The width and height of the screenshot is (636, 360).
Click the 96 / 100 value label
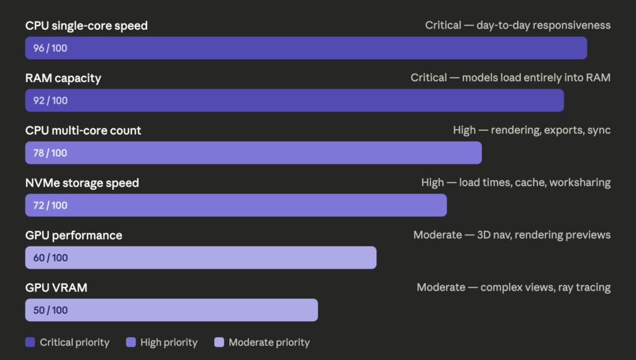click(50, 48)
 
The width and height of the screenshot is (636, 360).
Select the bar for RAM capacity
click(294, 101)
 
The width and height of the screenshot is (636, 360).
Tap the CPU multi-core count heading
click(83, 130)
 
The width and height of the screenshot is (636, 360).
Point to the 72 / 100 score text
click(50, 205)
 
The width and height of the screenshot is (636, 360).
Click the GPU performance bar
click(201, 258)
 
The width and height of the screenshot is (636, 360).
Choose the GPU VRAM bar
click(171, 310)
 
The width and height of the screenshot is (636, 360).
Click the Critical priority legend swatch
click(30, 343)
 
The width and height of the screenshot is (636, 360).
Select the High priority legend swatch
click(130, 343)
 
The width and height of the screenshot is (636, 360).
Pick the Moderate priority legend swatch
click(219, 343)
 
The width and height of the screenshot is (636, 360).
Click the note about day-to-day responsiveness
click(517, 25)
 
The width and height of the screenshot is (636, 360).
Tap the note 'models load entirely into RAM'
click(511, 78)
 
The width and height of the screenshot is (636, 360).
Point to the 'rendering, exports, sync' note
click(532, 130)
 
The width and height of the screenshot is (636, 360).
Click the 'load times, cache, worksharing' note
click(516, 182)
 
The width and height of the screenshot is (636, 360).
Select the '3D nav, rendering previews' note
click(512, 235)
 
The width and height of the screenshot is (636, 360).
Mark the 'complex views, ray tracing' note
click(514, 287)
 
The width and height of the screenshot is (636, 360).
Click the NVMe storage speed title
click(82, 182)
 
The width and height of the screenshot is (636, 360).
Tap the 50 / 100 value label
click(50, 310)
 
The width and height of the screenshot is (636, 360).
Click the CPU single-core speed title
click(86, 25)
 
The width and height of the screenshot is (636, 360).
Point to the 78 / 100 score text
click(50, 153)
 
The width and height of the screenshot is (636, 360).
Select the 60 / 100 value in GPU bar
click(50, 258)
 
